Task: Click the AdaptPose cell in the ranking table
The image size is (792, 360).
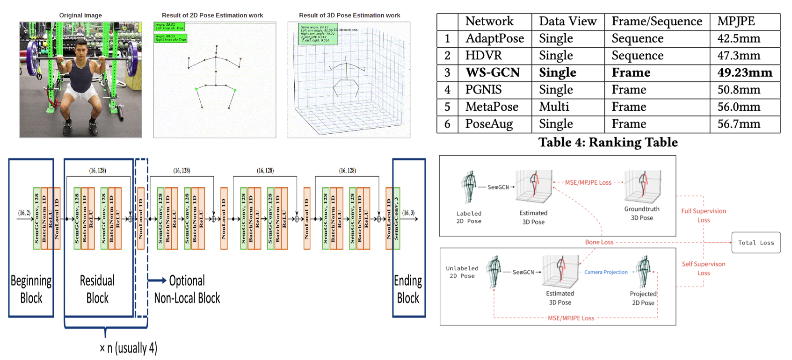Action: pos(494,38)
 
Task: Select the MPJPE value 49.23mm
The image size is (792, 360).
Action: pos(745,72)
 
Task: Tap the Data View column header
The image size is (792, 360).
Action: pos(567,22)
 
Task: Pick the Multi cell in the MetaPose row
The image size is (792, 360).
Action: pos(554,107)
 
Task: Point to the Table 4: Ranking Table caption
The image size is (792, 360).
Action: pos(608,142)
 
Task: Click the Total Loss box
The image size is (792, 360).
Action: pos(756,243)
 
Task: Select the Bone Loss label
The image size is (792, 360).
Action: pos(599,242)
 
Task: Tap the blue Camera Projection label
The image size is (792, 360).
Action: pos(605,272)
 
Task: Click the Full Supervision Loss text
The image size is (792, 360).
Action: pos(703,216)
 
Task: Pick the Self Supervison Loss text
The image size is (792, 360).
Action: pos(703,268)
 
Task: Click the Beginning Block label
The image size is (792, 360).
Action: pos(31,289)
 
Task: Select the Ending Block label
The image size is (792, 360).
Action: pos(408,289)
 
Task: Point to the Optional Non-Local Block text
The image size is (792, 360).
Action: pos(187,289)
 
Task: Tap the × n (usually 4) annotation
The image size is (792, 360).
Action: pos(128,348)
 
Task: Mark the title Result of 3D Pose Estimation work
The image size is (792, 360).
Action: pos(349,15)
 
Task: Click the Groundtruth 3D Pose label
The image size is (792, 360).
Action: pos(641,213)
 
